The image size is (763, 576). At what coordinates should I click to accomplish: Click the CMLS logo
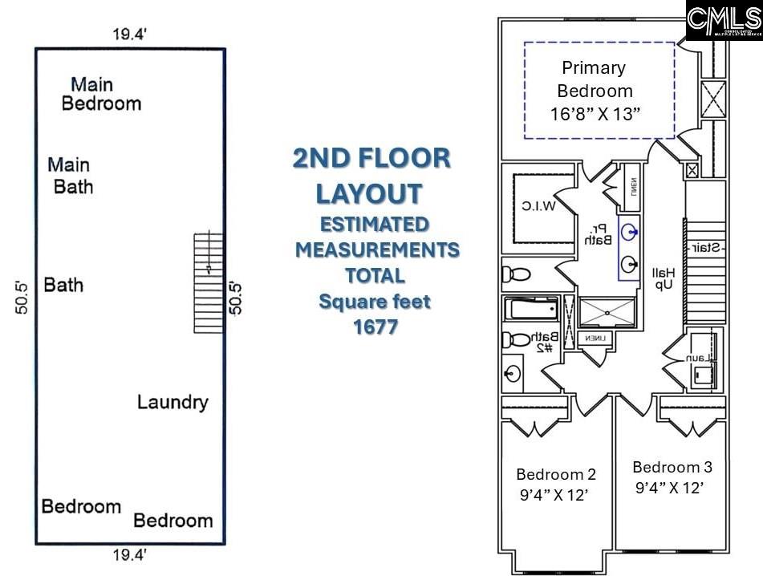pyautogui.click(x=723, y=20)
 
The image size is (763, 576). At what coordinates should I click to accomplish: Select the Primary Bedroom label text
pyautogui.click(x=595, y=79)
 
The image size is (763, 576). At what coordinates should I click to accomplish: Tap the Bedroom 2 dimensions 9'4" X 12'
pyautogui.click(x=555, y=495)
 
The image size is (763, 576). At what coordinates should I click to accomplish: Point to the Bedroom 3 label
pyautogui.click(x=672, y=467)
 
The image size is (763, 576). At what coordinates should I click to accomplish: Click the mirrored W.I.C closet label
pyautogui.click(x=538, y=207)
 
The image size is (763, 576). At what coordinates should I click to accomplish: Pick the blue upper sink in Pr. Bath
pyautogui.click(x=631, y=233)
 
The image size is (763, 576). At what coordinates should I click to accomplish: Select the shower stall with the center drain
pyautogui.click(x=606, y=313)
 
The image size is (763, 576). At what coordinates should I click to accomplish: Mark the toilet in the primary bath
pyautogui.click(x=516, y=274)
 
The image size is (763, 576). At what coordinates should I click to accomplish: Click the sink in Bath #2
pyautogui.click(x=513, y=373)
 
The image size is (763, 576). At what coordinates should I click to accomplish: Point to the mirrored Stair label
pyautogui.click(x=704, y=248)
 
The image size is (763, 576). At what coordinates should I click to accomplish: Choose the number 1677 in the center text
pyautogui.click(x=375, y=327)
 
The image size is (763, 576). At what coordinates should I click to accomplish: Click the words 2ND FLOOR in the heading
pyautogui.click(x=371, y=159)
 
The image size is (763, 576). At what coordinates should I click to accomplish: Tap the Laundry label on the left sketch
pyautogui.click(x=172, y=402)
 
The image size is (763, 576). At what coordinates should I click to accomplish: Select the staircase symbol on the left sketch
pyautogui.click(x=209, y=282)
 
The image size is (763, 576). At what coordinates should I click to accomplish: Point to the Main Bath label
pyautogui.click(x=70, y=176)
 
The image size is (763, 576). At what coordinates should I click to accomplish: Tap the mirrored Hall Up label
pyautogui.click(x=664, y=279)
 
